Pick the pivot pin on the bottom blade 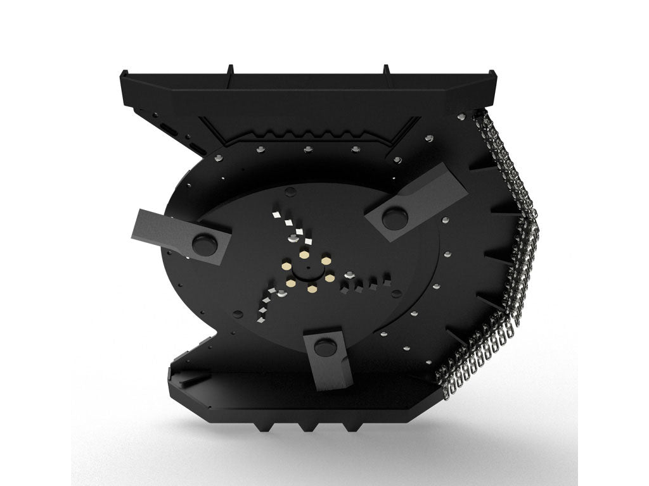pyautogui.click(x=323, y=346)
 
